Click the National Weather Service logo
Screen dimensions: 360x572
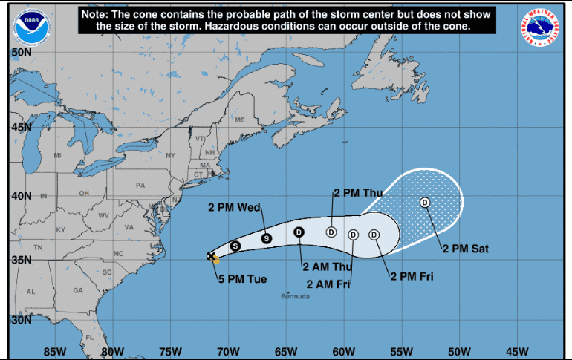pos(541,26)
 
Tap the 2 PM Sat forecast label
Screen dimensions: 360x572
pos(467,249)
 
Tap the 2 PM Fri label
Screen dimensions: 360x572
pos(412,277)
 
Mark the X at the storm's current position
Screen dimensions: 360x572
pos(210,256)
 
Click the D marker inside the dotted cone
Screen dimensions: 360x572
pos(425,202)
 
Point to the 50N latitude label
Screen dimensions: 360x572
pos(21,53)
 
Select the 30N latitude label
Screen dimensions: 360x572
pos(21,321)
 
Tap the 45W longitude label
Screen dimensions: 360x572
pos(517,351)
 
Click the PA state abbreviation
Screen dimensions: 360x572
pos(140,185)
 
